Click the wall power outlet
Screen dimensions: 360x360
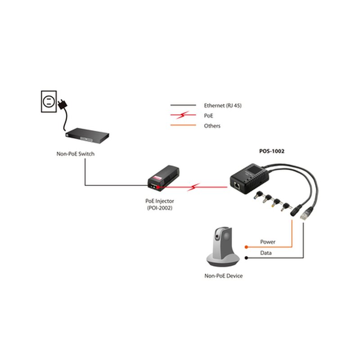click(49, 101)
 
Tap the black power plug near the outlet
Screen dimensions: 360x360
click(63, 104)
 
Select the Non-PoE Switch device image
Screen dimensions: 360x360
click(87, 135)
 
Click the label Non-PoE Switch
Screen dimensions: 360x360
click(75, 154)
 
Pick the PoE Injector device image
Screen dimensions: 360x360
click(163, 178)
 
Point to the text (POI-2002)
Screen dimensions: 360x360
click(160, 208)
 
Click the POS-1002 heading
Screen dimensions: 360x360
click(272, 151)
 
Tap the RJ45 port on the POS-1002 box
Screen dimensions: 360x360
click(237, 185)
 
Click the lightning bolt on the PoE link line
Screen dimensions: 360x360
click(193, 187)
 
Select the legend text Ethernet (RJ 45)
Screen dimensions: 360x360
click(223, 105)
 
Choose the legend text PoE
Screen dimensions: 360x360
click(208, 116)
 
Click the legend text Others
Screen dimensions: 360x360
click(212, 126)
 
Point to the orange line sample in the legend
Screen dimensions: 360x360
click(183, 125)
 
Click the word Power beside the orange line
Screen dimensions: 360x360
click(268, 242)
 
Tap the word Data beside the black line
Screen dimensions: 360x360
click(266, 253)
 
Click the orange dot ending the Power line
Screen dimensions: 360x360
click(246, 247)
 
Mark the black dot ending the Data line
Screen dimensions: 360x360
click(246, 258)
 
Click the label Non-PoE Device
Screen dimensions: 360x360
click(223, 276)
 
